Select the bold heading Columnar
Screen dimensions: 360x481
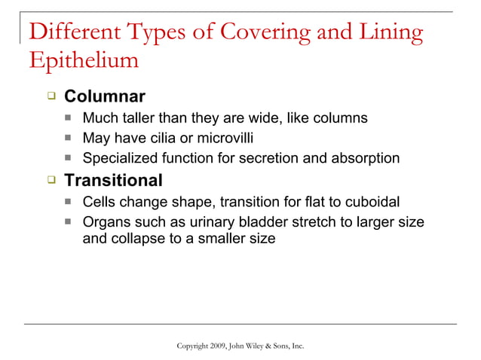tap(104, 97)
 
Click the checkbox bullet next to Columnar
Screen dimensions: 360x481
tap(51, 97)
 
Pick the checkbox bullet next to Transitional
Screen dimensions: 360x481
tap(51, 181)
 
